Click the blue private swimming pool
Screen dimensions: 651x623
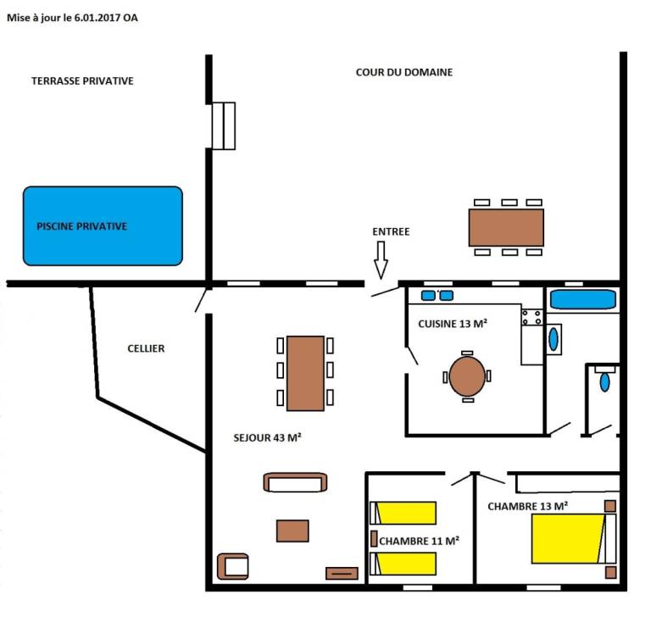click(x=103, y=225)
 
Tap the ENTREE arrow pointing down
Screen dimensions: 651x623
click(x=381, y=260)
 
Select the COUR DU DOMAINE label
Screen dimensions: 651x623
click(x=404, y=72)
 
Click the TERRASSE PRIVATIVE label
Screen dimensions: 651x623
click(x=82, y=81)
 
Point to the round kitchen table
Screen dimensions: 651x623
click(x=467, y=376)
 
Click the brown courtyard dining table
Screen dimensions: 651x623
click(x=506, y=227)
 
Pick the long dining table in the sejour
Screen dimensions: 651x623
click(x=305, y=373)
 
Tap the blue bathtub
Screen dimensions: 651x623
click(x=583, y=300)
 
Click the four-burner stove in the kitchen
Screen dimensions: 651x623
click(x=531, y=317)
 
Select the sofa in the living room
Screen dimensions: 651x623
click(x=295, y=482)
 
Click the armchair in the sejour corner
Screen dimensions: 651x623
click(x=233, y=566)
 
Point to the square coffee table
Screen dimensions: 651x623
click(x=292, y=531)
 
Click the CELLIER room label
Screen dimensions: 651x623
click(x=146, y=348)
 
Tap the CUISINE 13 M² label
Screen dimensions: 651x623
click(x=453, y=324)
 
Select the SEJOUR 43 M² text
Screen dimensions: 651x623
click(x=267, y=437)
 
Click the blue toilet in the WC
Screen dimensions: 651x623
click(x=605, y=381)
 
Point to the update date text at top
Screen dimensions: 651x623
click(x=72, y=18)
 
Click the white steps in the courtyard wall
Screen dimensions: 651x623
click(x=224, y=125)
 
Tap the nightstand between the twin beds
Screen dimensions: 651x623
click(x=374, y=539)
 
